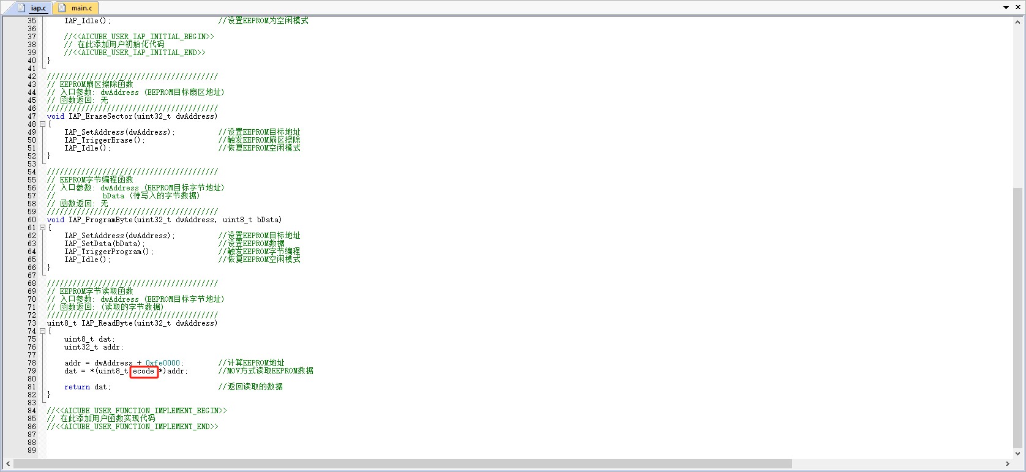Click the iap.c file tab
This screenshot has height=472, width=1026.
(33, 8)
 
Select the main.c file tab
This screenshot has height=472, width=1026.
(77, 8)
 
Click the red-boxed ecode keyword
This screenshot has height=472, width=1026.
(144, 371)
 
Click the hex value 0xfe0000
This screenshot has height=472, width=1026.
(163, 363)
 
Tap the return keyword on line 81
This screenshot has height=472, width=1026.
(77, 387)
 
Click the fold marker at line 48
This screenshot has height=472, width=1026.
(42, 124)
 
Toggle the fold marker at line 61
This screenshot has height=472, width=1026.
(42, 228)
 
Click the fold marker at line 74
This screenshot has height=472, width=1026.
(42, 331)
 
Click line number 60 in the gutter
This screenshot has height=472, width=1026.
(32, 220)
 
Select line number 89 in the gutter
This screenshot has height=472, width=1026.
(32, 451)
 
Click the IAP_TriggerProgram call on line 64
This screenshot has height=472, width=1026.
(108, 252)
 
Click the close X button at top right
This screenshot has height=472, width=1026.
(1018, 7)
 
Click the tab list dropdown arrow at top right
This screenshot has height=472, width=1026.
(1006, 7)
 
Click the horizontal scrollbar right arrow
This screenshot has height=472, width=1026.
(1007, 463)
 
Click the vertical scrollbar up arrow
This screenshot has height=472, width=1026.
(1018, 22)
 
